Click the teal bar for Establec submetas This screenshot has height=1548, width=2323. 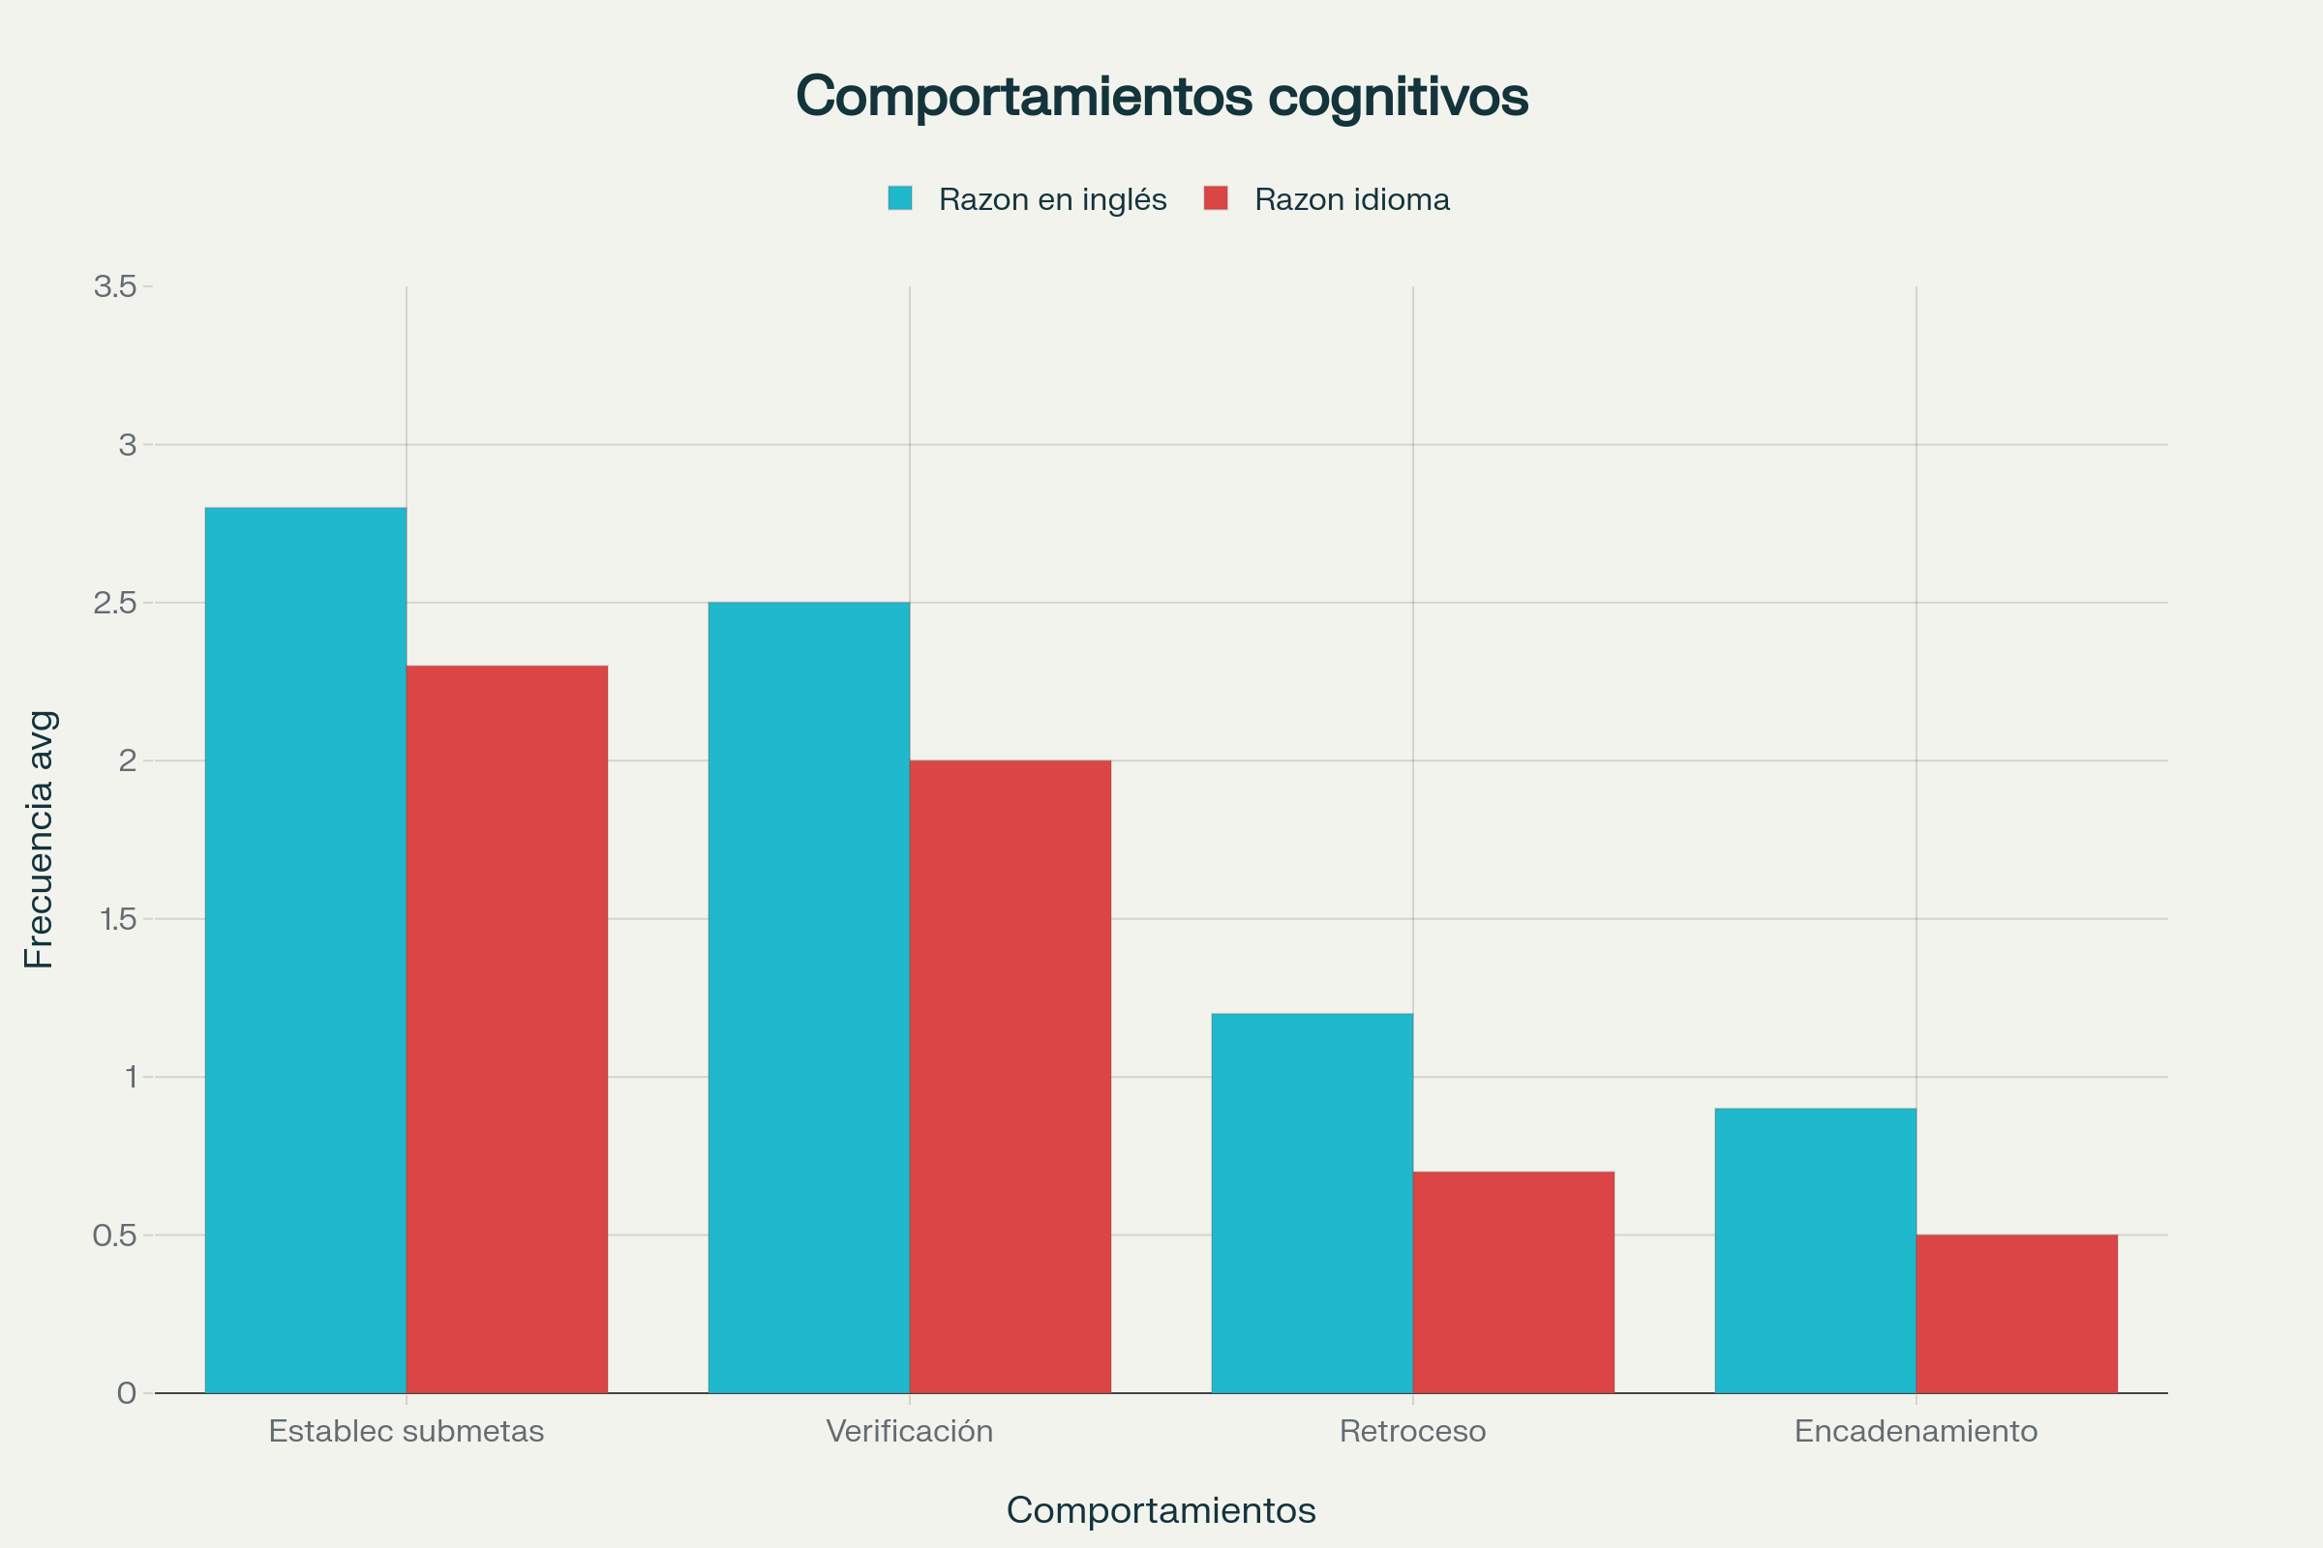[x=305, y=950]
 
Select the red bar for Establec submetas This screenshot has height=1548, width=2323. [x=506, y=1028]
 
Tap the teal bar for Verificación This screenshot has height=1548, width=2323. [x=809, y=997]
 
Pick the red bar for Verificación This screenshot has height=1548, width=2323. [x=1011, y=1076]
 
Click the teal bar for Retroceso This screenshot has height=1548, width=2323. [x=1312, y=1203]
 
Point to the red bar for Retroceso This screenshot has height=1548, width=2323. [x=1513, y=1281]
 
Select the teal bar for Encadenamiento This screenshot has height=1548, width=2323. [x=1816, y=1250]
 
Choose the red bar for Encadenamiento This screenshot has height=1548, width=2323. [x=2017, y=1313]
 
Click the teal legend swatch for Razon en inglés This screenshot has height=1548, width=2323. [x=900, y=198]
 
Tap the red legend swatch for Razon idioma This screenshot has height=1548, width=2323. [x=1216, y=198]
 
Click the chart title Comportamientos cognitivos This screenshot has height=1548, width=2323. [x=1161, y=96]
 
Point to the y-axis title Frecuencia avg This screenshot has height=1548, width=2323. [x=40, y=839]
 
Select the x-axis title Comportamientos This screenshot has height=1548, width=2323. [x=1161, y=1509]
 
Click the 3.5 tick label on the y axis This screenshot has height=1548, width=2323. [x=114, y=286]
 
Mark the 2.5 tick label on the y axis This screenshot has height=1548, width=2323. [x=114, y=602]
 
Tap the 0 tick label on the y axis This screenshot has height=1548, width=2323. [x=127, y=1393]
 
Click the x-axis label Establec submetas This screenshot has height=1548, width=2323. [x=406, y=1431]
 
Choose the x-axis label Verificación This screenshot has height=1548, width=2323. [x=910, y=1431]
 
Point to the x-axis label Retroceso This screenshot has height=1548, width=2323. [x=1412, y=1431]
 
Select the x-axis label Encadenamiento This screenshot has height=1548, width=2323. [x=1916, y=1431]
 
